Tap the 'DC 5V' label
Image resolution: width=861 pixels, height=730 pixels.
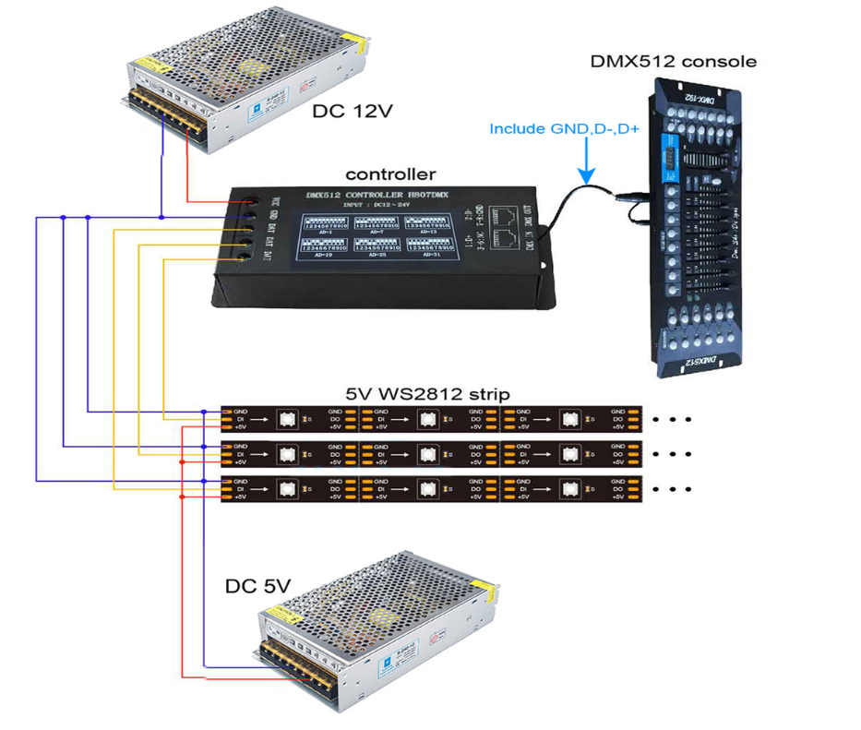tap(257, 585)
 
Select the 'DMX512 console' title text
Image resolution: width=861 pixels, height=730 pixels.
tap(674, 62)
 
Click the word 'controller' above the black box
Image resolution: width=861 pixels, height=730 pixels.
tap(390, 174)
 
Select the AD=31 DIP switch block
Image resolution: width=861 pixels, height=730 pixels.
tap(431, 247)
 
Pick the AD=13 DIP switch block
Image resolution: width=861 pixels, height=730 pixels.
tap(431, 223)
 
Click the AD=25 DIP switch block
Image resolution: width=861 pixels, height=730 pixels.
tap(377, 247)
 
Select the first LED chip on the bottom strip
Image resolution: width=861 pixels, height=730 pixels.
tap(287, 489)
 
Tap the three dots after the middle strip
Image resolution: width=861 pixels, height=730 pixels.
tap(671, 454)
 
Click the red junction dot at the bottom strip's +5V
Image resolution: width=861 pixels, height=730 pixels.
tap(182, 497)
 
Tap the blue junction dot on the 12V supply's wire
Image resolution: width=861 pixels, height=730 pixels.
tap(162, 218)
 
